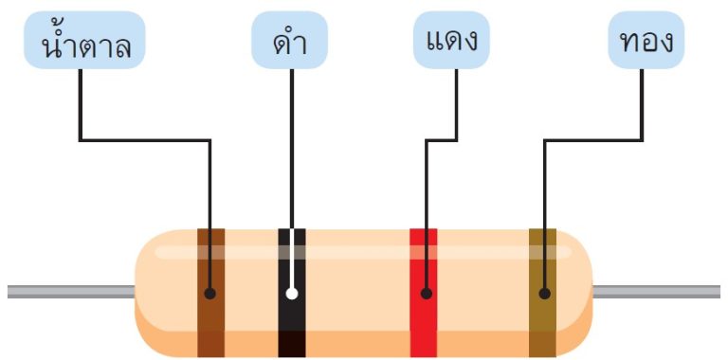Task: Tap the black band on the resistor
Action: [x=291, y=327]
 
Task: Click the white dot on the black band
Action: [x=291, y=293]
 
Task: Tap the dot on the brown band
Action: [x=210, y=294]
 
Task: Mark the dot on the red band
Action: [x=426, y=294]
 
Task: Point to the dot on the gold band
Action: [x=544, y=294]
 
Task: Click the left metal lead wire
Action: [x=66, y=291]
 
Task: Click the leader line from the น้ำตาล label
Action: [x=142, y=140]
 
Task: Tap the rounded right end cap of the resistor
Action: [x=574, y=294]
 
